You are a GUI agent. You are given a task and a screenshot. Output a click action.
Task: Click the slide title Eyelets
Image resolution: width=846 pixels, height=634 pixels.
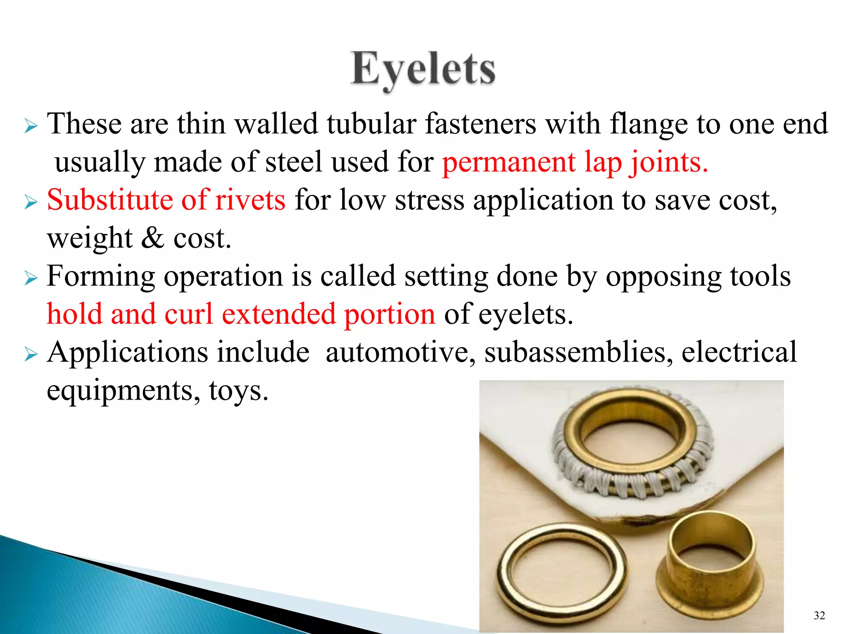[x=423, y=69]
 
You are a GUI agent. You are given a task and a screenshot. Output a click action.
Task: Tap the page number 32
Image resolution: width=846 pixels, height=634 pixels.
[x=819, y=615]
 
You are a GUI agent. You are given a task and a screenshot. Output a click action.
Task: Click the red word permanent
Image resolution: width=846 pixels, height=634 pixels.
[x=509, y=162]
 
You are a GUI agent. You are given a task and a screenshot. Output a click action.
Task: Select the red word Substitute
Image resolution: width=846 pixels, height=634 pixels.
[x=109, y=200]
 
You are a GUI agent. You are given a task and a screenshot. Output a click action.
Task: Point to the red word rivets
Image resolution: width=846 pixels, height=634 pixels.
[x=250, y=200]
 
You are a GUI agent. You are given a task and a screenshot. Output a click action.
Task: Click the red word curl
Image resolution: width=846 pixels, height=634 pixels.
[x=188, y=314]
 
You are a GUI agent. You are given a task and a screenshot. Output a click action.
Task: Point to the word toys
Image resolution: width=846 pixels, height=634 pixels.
[x=238, y=390]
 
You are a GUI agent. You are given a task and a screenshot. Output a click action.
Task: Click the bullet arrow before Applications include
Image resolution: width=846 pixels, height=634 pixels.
[x=31, y=354]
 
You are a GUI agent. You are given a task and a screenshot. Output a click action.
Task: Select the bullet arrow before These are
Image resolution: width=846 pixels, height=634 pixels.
[x=31, y=125]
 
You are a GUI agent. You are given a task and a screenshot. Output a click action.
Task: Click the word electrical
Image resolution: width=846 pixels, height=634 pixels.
[x=739, y=352]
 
